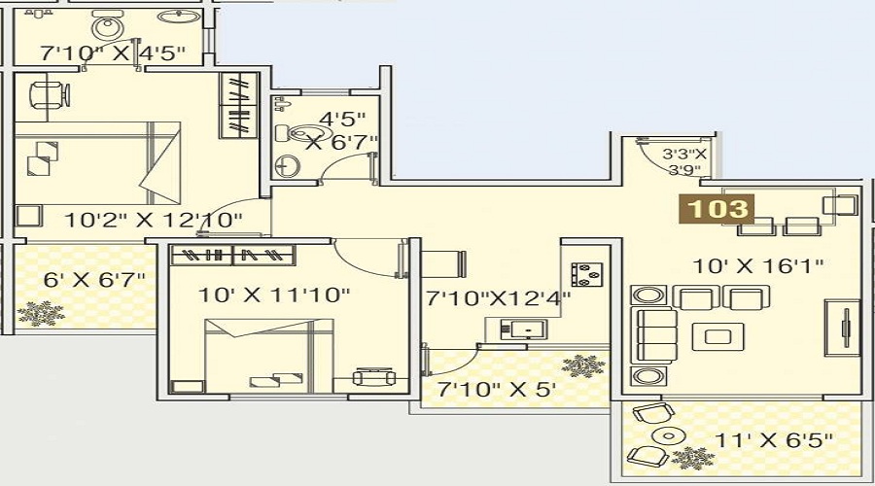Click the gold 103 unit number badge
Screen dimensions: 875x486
point(717,209)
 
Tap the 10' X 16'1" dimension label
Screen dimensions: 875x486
point(758,265)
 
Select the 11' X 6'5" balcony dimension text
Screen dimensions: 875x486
point(774,440)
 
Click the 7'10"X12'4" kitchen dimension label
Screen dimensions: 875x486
point(499,298)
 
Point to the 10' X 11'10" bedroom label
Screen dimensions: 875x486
point(274,295)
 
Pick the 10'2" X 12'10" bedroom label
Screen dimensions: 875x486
point(154,220)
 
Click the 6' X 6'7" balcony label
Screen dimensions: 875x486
point(94,279)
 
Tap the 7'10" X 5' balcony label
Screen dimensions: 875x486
point(497,389)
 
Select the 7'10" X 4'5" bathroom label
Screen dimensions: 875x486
point(112,53)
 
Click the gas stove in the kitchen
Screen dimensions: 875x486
point(586,274)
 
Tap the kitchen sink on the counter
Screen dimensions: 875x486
point(524,330)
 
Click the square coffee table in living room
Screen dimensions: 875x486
point(717,336)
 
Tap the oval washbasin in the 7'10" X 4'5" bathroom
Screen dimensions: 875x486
point(179,17)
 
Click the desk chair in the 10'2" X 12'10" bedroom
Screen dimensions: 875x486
point(50,95)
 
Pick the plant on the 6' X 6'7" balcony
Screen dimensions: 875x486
point(40,313)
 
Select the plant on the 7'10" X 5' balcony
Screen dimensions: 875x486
point(583,366)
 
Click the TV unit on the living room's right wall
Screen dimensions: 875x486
point(843,329)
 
